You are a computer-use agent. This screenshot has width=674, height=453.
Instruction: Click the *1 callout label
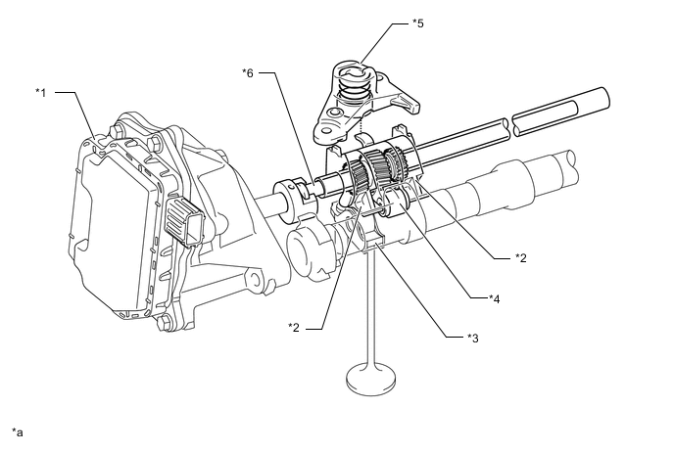41,92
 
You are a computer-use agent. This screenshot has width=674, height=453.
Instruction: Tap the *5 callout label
417,23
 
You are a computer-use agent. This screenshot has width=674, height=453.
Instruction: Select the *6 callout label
248,73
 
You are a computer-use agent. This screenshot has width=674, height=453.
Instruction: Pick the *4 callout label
495,298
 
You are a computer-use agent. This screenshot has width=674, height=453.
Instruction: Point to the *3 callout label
473,339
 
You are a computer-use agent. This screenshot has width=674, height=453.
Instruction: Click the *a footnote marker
18,431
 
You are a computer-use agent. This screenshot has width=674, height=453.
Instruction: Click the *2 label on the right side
520,258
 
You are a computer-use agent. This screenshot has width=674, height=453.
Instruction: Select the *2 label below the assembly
294,328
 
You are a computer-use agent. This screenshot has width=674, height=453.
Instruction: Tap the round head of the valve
370,380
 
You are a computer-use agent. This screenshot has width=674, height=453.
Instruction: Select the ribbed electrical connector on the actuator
184,222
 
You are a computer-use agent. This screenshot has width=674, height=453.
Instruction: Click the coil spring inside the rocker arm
352,89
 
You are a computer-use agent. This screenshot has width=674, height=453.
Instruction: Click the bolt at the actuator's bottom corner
164,324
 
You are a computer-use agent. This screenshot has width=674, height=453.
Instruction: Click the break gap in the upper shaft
510,127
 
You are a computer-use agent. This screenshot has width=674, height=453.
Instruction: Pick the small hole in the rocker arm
334,113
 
